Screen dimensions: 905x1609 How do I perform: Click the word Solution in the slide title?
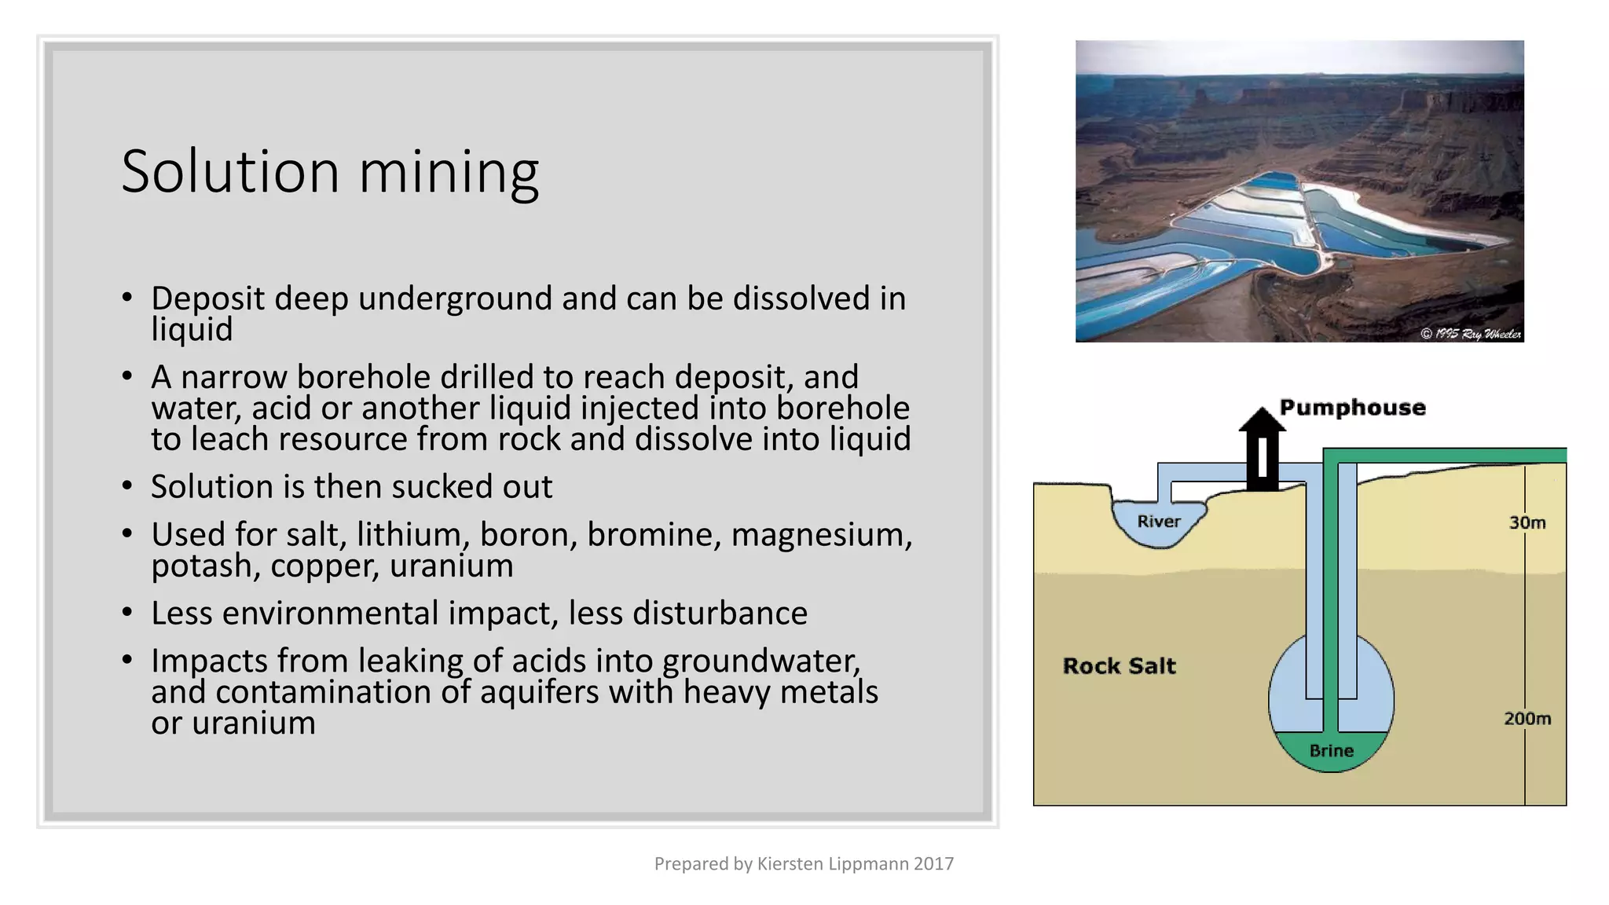pyautogui.click(x=230, y=171)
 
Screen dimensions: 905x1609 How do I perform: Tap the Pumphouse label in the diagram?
pyautogui.click(x=1352, y=407)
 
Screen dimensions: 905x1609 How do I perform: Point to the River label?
pyautogui.click(x=1159, y=521)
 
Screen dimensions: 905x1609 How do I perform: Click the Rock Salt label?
pyautogui.click(x=1119, y=665)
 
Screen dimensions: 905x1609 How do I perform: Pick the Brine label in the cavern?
pyautogui.click(x=1331, y=750)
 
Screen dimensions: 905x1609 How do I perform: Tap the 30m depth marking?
pyautogui.click(x=1527, y=522)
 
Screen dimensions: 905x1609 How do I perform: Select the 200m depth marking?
pyautogui.click(x=1527, y=718)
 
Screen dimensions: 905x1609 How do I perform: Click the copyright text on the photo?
pyautogui.click(x=1471, y=334)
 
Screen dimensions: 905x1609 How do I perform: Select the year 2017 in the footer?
pyautogui.click(x=933, y=864)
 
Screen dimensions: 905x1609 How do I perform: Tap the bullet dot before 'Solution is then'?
pyautogui.click(x=127, y=486)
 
